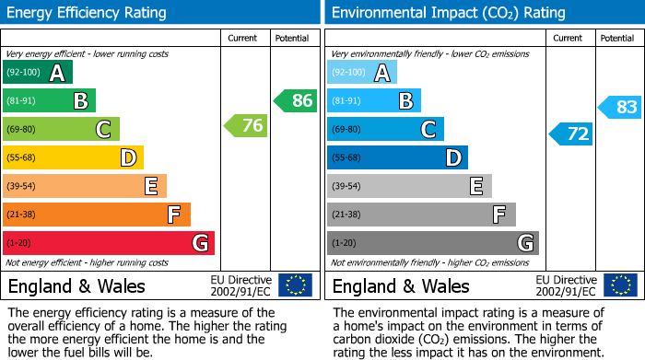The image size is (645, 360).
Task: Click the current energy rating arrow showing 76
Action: point(246,126)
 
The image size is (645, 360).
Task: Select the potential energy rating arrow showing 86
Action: point(296,101)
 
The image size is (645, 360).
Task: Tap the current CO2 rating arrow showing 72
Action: point(570,134)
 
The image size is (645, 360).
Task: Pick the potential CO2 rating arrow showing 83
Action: point(620,108)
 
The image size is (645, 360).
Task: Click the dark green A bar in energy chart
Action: point(38,73)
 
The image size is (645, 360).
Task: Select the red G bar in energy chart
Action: point(109,243)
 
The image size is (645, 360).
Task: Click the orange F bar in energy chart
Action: point(97,215)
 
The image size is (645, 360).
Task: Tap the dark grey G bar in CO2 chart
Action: point(432,243)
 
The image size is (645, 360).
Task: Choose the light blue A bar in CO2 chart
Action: point(362,73)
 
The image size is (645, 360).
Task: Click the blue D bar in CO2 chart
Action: point(397,157)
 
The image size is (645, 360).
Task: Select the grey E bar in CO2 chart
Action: point(409,186)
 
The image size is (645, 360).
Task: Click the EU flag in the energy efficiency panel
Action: point(295,285)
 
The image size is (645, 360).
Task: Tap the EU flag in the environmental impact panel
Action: point(620,285)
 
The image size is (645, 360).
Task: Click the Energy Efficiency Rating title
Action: point(88,13)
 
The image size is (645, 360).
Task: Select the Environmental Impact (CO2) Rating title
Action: point(448,13)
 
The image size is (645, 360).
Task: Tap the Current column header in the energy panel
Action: point(243,38)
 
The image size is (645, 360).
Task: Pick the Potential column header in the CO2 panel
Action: point(617,38)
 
